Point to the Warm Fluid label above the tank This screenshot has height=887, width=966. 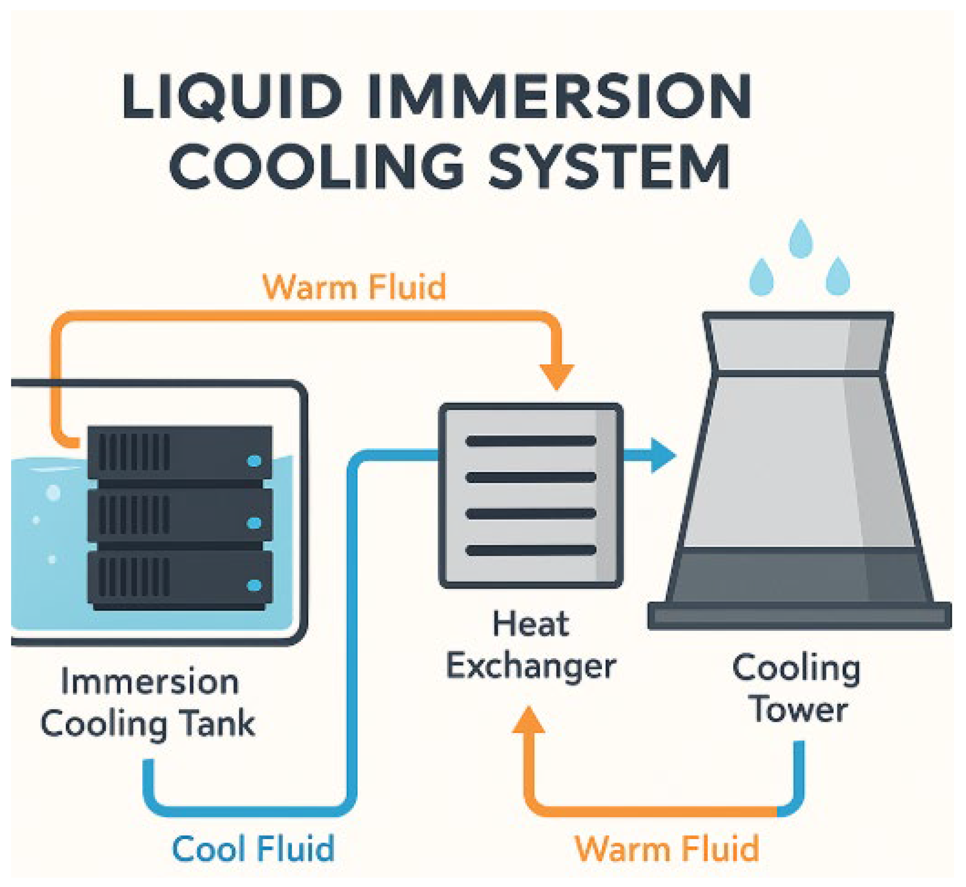[354, 287]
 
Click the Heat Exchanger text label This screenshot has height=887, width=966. [531, 646]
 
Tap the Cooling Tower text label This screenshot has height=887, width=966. [796, 689]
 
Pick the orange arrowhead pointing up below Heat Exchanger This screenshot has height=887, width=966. [528, 720]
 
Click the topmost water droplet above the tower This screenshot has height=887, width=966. [801, 238]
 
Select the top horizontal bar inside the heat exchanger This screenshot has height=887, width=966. [531, 441]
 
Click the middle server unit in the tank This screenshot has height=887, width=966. [180, 515]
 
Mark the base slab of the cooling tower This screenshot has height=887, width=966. [799, 615]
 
